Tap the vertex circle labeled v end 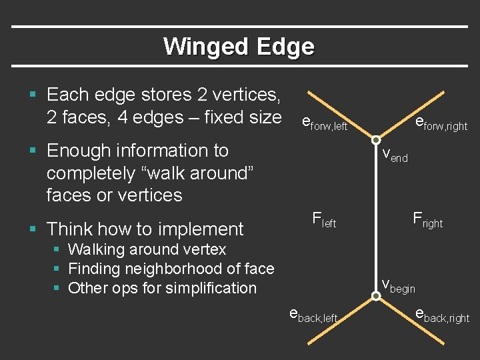click(x=376, y=140)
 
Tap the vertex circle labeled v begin click(x=376, y=295)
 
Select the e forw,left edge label click(x=325, y=123)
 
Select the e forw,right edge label click(x=441, y=123)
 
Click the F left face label click(x=324, y=219)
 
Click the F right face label click(x=427, y=219)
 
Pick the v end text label click(x=395, y=155)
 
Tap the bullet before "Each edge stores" click(x=33, y=95)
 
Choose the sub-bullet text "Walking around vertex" click(x=147, y=250)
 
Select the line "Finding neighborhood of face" click(x=171, y=269)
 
